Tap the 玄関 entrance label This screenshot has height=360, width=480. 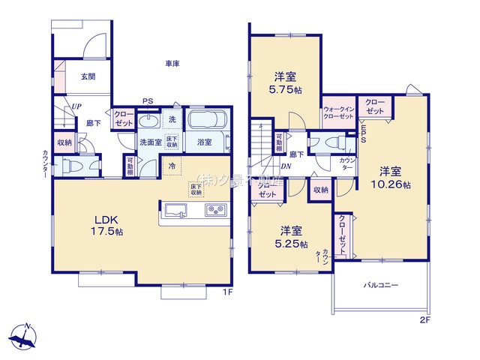point(88,76)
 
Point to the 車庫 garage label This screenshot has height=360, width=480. point(172,64)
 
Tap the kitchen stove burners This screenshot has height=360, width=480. point(216,210)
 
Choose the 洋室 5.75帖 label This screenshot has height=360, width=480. point(286,82)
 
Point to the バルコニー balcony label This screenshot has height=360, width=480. point(381,285)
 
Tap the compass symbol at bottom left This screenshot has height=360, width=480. point(24,337)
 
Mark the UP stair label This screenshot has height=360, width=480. point(76,107)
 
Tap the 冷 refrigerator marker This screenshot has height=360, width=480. point(172,166)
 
